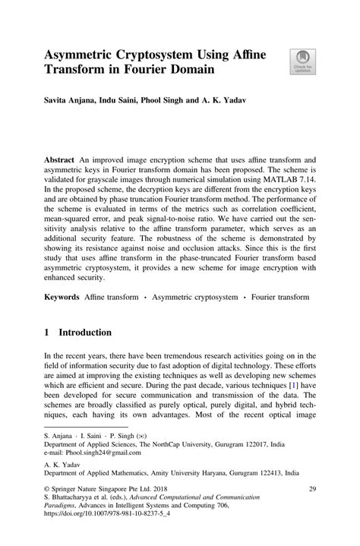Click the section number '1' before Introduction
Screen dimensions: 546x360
46,333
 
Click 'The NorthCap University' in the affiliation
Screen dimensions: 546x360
175,447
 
